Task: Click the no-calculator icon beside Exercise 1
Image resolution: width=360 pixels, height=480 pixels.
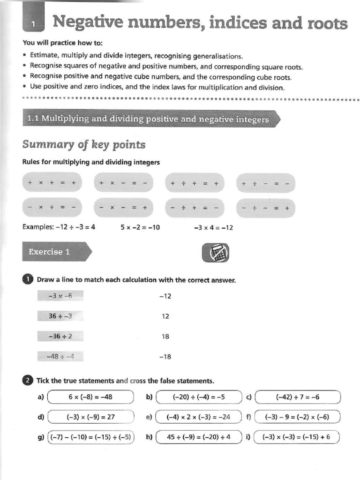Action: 215,253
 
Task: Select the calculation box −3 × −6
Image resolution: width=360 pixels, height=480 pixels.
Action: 60,296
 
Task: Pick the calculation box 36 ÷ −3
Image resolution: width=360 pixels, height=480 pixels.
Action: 60,316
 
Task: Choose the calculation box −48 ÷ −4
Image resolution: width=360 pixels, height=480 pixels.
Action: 60,356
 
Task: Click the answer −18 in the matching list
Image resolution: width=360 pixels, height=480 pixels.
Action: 165,357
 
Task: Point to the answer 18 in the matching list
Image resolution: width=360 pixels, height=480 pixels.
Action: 165,337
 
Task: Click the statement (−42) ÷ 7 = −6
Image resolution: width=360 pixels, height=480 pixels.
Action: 298,397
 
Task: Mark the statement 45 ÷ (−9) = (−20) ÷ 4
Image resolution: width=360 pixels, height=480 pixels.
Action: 199,437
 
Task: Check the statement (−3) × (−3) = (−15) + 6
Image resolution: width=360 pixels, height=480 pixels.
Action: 296,437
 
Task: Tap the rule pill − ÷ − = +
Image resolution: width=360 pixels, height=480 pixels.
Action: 266,208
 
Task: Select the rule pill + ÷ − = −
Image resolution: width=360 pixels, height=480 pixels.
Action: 266,183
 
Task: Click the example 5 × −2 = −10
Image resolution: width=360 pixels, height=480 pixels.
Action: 140,228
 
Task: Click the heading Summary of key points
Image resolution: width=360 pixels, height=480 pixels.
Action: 83,144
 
